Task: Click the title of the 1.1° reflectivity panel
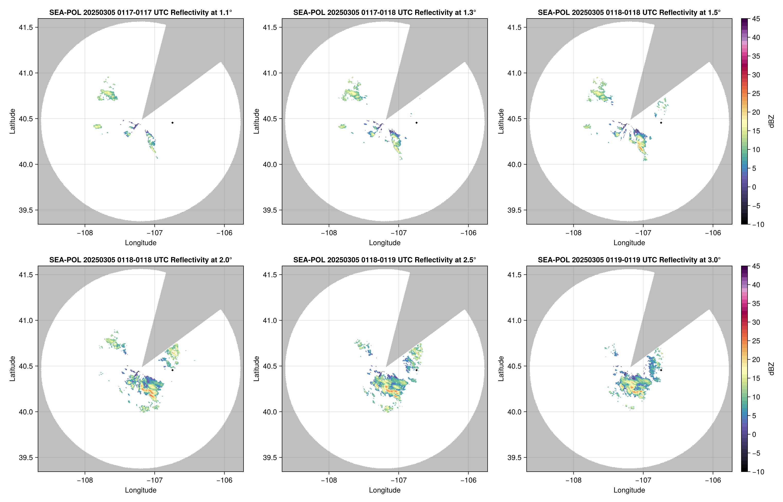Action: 141,12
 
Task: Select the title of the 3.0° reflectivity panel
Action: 629,260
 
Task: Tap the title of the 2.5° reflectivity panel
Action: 385,260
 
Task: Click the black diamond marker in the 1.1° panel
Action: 172,123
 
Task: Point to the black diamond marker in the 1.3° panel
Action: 416,123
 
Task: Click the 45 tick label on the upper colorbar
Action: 756,19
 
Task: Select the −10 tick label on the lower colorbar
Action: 758,472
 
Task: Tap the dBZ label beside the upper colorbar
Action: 771,121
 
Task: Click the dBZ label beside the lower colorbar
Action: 771,369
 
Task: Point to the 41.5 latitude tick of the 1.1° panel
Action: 26,27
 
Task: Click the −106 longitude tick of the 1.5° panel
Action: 713,233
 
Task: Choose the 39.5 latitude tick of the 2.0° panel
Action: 26,457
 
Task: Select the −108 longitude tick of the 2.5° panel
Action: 329,480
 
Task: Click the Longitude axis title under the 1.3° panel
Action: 385,243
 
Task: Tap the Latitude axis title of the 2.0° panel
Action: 12,369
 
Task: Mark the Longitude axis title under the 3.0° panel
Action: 629,490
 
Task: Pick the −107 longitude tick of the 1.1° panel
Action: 154,233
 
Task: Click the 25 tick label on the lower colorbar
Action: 756,341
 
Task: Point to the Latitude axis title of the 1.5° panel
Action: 501,121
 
